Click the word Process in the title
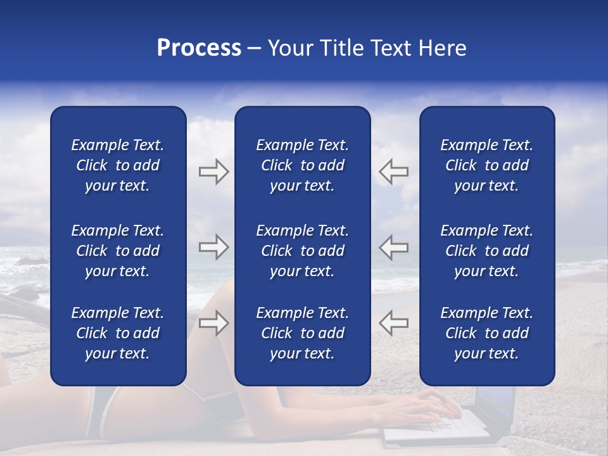pos(199,48)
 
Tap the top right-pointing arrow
pos(213,172)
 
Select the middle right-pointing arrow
pos(213,247)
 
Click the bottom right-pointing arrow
pos(213,322)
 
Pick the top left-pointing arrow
pos(394,172)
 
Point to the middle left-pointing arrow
pos(394,247)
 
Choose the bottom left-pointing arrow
pos(394,322)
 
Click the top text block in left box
pos(118,165)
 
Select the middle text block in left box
pos(118,251)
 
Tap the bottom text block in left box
pos(118,333)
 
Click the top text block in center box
pos(302,165)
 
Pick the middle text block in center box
pos(302,251)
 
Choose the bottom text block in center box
pos(302,333)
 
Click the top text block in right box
pos(486,165)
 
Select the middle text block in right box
pos(486,251)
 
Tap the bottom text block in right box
pos(486,333)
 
